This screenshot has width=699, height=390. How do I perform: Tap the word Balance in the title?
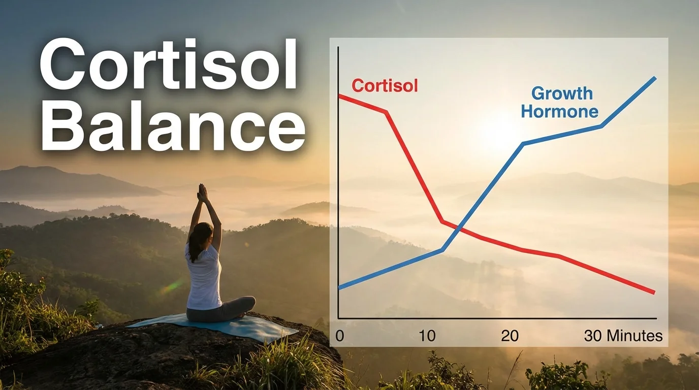click(x=173, y=127)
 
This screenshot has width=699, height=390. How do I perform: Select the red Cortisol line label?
click(x=385, y=85)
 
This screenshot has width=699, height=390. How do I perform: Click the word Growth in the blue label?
click(x=562, y=93)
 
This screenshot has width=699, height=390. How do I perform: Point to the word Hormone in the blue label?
click(x=559, y=112)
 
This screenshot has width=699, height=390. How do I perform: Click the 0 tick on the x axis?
click(x=340, y=336)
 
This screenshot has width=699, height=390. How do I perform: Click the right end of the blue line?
click(x=655, y=78)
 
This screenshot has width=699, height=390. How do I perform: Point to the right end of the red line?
click(x=654, y=292)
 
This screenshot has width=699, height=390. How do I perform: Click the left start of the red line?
click(x=339, y=95)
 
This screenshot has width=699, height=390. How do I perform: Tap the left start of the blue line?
click(x=339, y=288)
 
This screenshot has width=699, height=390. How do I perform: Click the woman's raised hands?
click(x=203, y=192)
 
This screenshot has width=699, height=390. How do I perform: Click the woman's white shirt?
click(x=205, y=279)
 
